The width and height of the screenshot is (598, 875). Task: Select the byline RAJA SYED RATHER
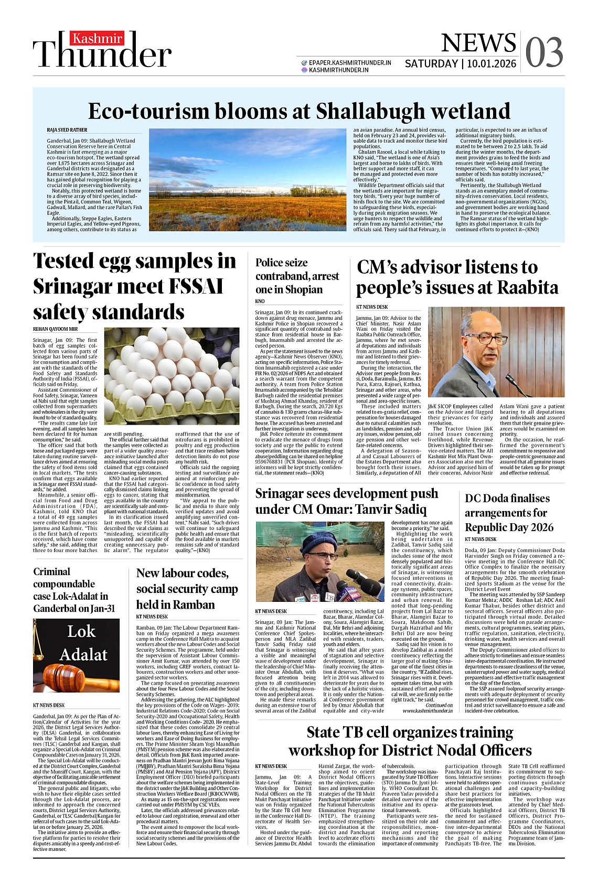pyautogui.click(x=67, y=130)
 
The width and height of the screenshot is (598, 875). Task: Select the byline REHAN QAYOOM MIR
pyautogui.click(x=55, y=329)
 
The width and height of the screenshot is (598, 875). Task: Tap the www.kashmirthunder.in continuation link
pyautogui.click(x=428, y=711)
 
